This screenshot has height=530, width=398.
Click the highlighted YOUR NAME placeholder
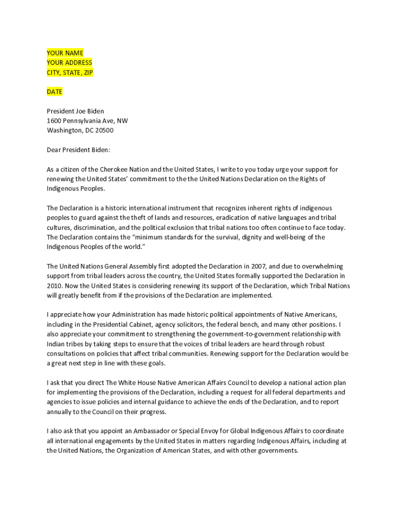[65, 53]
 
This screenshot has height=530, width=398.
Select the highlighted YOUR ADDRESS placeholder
[69, 63]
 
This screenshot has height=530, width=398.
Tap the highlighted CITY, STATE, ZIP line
[70, 72]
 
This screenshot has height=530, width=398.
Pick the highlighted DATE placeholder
[54, 92]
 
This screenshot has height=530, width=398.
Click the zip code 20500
[103, 130]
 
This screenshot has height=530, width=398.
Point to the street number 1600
[54, 121]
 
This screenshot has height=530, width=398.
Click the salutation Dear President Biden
[79, 150]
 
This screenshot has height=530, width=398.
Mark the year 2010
[55, 286]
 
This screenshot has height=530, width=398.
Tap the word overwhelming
[317, 266]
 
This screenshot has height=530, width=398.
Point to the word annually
[60, 412]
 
